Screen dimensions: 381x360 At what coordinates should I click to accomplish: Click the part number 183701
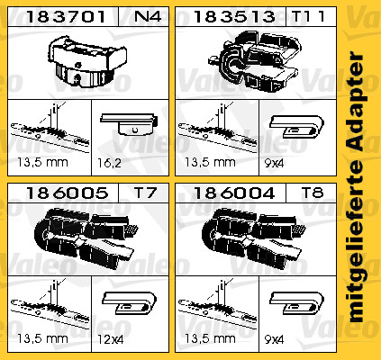[x=66, y=16]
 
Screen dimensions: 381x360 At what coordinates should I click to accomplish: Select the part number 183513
[x=234, y=16]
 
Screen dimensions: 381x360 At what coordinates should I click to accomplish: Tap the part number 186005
[x=67, y=193]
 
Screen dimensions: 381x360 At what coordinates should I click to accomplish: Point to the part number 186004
[x=234, y=193]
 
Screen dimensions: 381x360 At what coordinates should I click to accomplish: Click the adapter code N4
[x=148, y=16]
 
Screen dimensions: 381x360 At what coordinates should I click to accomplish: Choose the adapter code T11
[x=308, y=16]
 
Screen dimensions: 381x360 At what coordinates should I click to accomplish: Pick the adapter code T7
[x=145, y=193]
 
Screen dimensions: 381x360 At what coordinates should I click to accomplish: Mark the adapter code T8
[x=313, y=193]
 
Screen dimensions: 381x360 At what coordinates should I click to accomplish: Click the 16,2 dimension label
[x=109, y=163]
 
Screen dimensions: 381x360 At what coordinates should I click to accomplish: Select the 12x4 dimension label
[x=111, y=340]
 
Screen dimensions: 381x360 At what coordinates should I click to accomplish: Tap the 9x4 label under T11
[x=274, y=164]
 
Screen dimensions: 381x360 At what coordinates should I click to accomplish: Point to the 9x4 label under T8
[x=274, y=340]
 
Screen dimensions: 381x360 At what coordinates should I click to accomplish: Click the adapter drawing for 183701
[x=87, y=61]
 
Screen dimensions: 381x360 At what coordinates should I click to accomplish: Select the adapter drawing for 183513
[x=255, y=61]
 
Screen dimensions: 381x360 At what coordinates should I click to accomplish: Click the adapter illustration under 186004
[x=254, y=238]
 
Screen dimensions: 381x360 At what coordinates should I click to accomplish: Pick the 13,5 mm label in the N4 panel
[x=42, y=162]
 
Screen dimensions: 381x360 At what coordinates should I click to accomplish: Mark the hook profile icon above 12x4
[x=130, y=303]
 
